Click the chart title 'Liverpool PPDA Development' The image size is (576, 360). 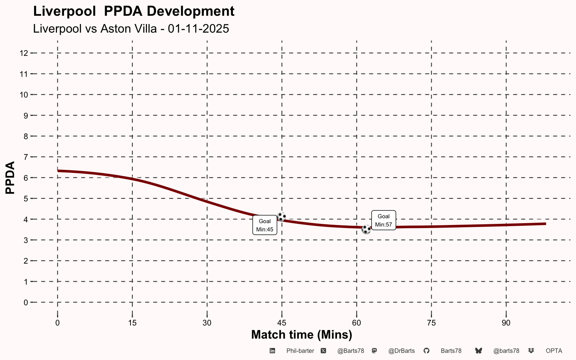point(134,11)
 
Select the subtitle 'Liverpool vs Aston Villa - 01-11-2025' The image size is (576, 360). point(131,29)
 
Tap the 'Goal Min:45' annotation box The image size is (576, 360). point(265,225)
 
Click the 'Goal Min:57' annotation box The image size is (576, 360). point(383,220)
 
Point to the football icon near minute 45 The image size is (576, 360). point(281,217)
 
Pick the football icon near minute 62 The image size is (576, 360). point(366,229)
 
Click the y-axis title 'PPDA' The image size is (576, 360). point(10,177)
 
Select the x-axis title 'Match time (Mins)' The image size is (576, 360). point(301,334)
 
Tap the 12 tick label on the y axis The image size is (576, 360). point(24,53)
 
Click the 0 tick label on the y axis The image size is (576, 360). point(25,302)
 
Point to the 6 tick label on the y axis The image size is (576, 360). point(25,178)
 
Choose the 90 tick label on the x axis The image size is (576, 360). point(506,323)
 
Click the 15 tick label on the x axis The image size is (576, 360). point(132,323)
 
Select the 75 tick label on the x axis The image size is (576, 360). point(431,323)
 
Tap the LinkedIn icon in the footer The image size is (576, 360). point(273,351)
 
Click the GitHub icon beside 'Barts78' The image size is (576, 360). point(426,351)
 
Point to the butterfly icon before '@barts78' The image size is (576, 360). point(478,351)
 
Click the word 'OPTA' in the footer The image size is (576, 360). point(554,351)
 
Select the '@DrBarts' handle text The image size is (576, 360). point(401,351)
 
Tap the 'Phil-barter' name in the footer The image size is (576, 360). point(300,351)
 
